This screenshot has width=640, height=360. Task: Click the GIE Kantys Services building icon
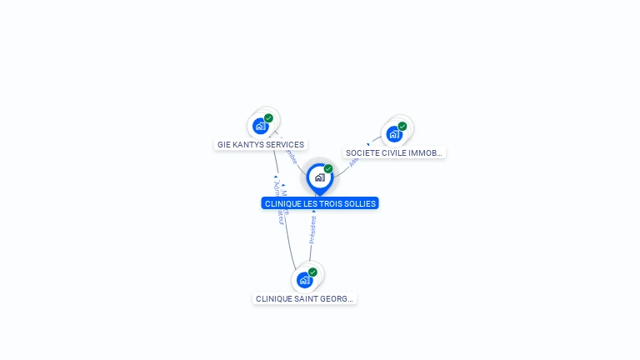261,126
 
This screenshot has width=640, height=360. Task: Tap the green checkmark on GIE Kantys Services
268,118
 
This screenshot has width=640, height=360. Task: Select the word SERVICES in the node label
285,145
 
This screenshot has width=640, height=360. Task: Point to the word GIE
223,145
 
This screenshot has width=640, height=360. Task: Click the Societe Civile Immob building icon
394,133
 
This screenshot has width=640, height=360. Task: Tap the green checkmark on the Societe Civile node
402,127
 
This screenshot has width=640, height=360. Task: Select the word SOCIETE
362,153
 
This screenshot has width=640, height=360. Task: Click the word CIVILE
395,153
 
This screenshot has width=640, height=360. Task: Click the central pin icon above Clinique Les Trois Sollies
319,177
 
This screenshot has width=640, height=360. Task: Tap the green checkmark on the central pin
328,169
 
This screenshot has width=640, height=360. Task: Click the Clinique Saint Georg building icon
304,280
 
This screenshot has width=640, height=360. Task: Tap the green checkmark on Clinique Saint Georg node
312,272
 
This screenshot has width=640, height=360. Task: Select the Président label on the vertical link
313,230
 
